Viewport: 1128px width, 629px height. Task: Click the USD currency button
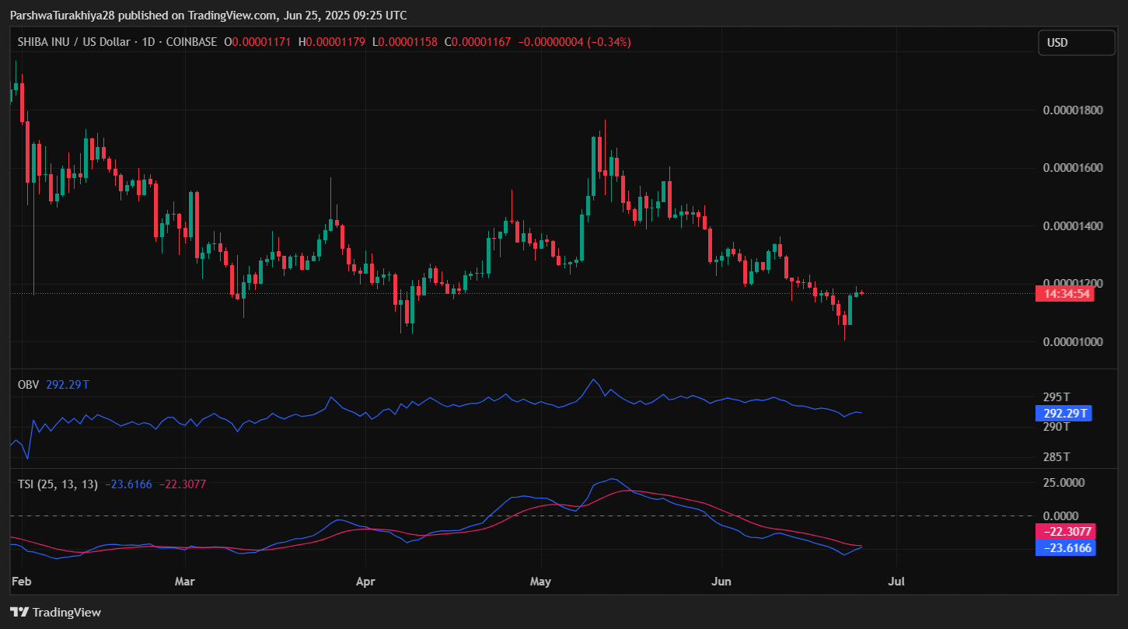[1076, 43]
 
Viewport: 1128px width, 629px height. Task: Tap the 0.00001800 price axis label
[1074, 110]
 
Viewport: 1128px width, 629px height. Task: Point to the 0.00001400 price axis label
[1074, 226]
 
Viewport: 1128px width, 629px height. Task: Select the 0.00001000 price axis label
[1074, 342]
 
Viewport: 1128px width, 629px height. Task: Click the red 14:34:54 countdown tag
[1064, 294]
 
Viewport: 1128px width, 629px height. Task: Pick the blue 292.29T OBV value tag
[1063, 414]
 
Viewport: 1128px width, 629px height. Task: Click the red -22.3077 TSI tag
[1066, 532]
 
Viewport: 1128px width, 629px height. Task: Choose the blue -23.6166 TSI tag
[1066, 548]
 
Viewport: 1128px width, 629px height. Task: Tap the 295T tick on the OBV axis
[1056, 397]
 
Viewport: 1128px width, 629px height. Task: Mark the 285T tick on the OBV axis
[1056, 456]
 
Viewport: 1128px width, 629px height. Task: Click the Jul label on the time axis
[896, 581]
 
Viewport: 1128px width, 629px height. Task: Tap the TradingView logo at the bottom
[55, 613]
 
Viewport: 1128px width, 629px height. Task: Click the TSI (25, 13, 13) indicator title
[58, 484]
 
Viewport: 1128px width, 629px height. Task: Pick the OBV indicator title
[28, 384]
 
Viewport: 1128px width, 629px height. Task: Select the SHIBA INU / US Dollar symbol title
[74, 42]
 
